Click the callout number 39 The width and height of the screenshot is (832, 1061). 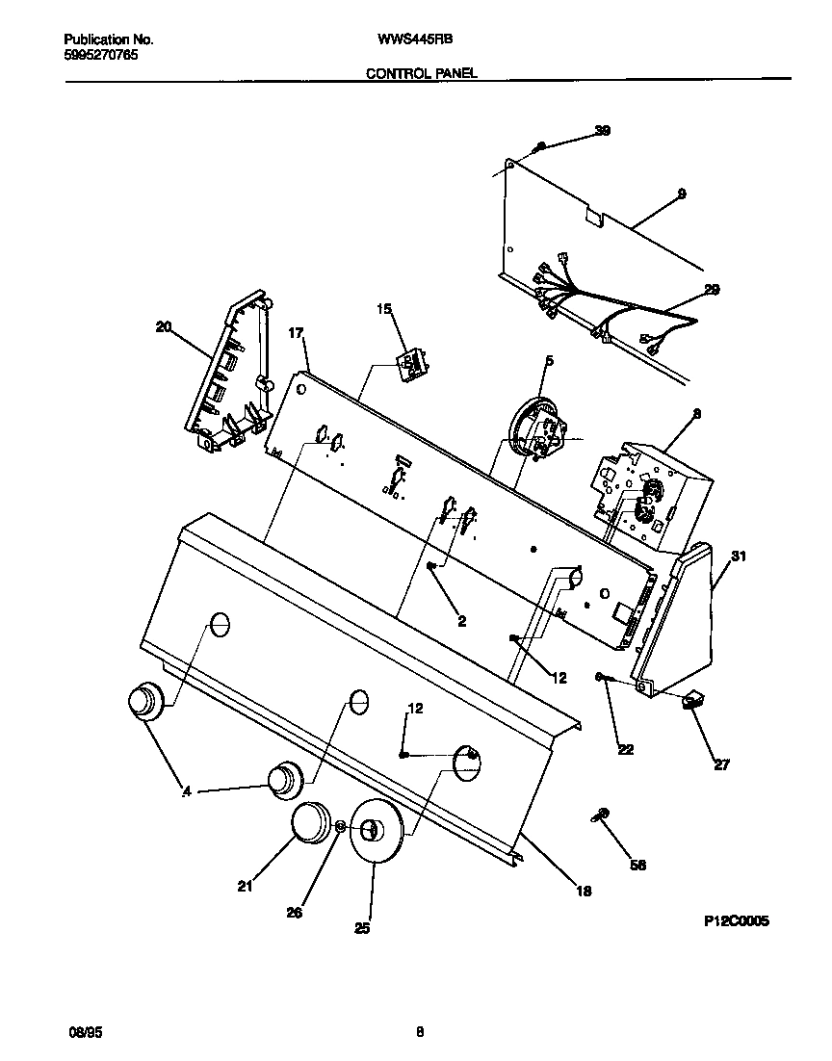tap(602, 130)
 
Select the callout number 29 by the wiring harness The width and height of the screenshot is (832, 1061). tap(711, 289)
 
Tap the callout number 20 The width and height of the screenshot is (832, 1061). tap(163, 326)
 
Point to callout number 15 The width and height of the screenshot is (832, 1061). tap(384, 309)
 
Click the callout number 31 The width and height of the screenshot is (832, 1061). tap(739, 556)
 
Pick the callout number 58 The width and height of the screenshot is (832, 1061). tap(637, 866)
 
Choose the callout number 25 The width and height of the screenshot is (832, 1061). tap(362, 928)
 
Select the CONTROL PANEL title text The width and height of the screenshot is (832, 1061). tap(421, 72)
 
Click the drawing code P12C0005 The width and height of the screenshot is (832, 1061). tap(736, 920)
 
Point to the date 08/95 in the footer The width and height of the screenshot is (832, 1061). tap(85, 1030)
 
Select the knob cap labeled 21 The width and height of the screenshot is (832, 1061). tap(310, 823)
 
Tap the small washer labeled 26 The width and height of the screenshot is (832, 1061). tap(341, 826)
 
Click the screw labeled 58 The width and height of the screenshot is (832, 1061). tap(599, 816)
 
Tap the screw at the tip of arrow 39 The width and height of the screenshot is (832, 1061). tap(541, 146)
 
